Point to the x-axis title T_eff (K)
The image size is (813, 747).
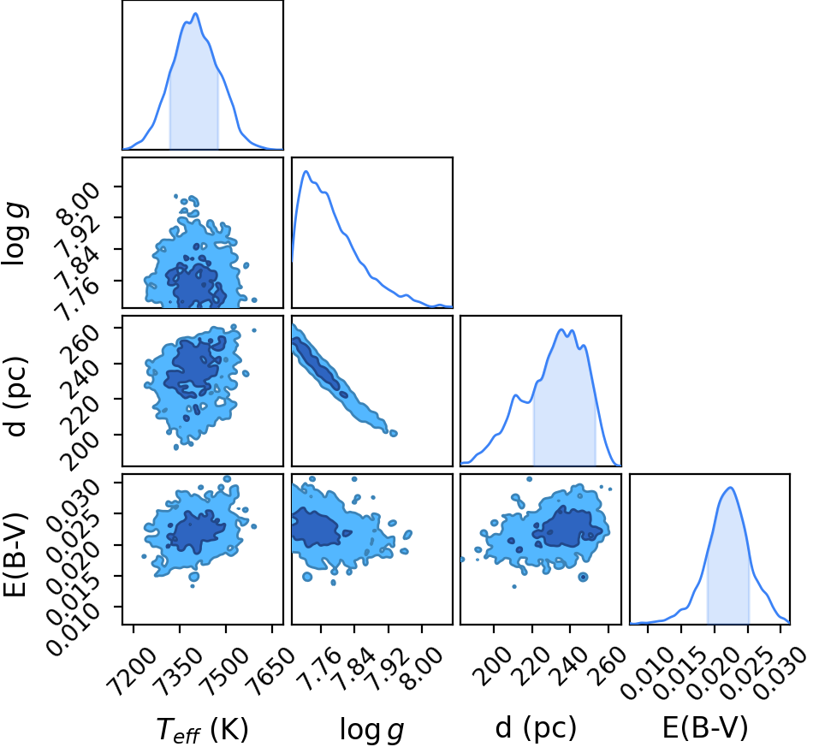[202, 729]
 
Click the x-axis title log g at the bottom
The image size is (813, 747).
[371, 730]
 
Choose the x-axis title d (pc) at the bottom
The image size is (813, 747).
[536, 728]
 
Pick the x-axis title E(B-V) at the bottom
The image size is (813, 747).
[706, 728]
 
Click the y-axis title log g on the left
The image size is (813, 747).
[15, 234]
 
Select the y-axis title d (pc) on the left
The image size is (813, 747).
[15, 396]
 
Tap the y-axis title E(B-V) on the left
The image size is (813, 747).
[15, 554]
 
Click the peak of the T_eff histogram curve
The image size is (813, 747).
[195, 14]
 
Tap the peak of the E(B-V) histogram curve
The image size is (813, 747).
[730, 487]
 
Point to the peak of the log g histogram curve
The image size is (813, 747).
[306, 171]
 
